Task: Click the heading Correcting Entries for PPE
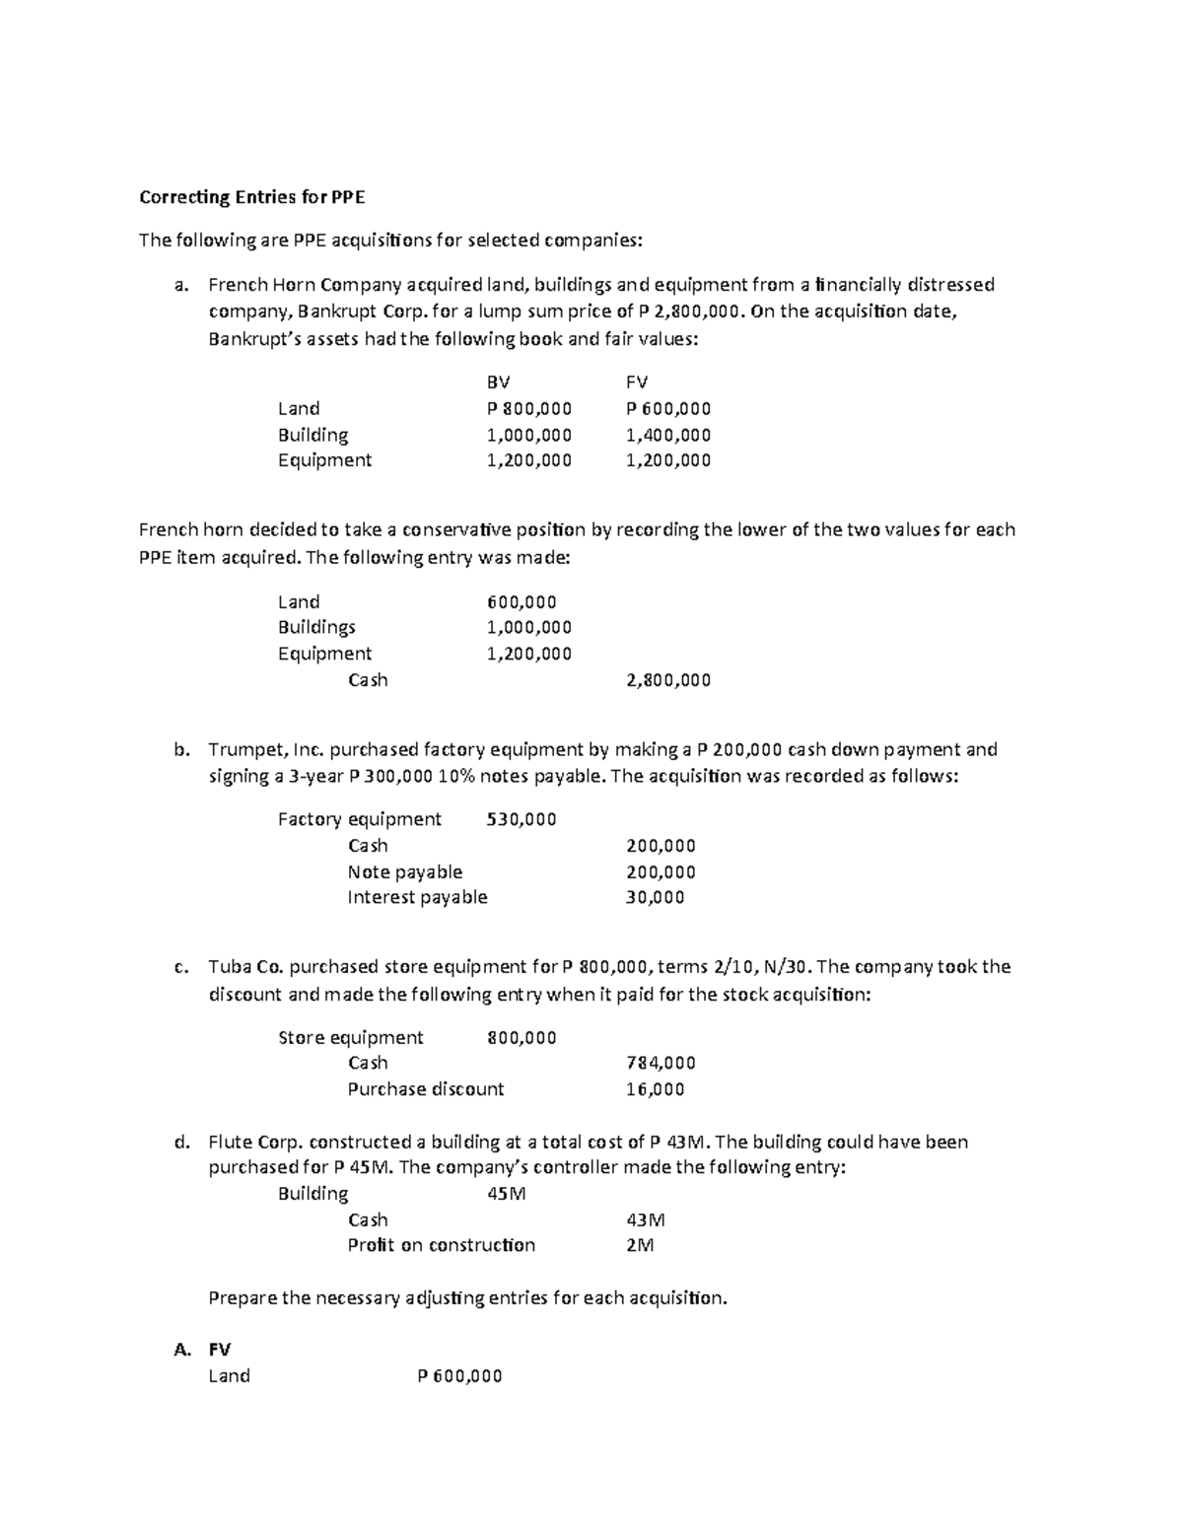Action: tap(251, 197)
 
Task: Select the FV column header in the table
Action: tap(637, 383)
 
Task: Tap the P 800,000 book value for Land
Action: tap(529, 408)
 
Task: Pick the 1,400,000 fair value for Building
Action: tap(668, 435)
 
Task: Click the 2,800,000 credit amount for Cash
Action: tap(668, 680)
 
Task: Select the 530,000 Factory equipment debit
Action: tap(522, 819)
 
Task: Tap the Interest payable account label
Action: tap(417, 897)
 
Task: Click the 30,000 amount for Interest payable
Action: tap(655, 897)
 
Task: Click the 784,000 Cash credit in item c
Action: tap(661, 1063)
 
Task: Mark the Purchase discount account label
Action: tap(425, 1089)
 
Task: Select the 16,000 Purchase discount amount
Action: tap(655, 1089)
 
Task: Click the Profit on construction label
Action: tap(441, 1245)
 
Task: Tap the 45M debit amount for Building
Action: tap(507, 1194)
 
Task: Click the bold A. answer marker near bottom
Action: tap(181, 1350)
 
